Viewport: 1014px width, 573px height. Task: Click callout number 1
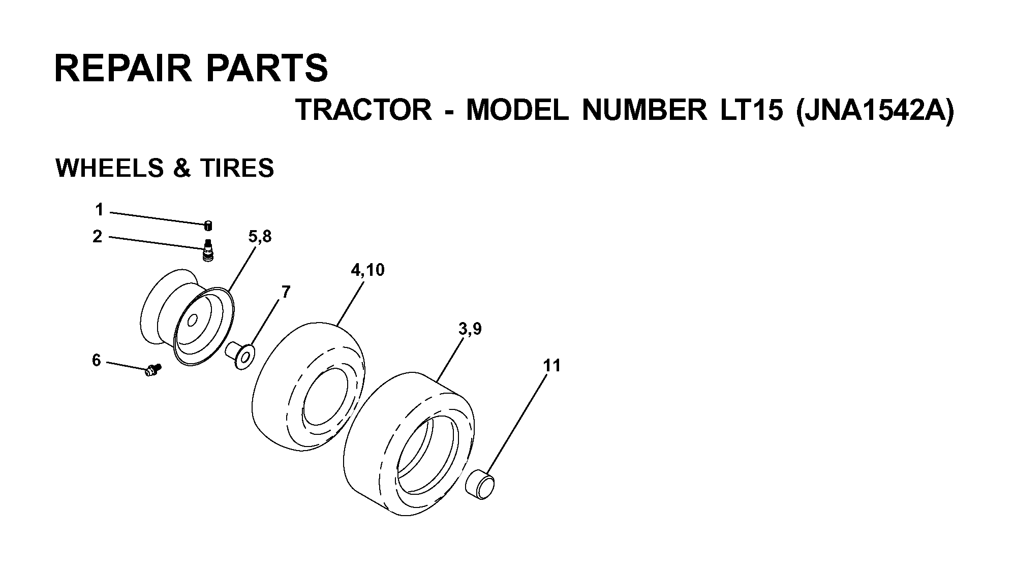(x=99, y=209)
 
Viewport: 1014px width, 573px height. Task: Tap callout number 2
(x=98, y=236)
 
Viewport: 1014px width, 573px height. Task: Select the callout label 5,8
(x=260, y=237)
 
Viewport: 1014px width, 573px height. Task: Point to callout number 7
(x=286, y=292)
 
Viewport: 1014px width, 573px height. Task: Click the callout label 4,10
(x=367, y=270)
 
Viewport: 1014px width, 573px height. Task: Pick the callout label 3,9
(x=470, y=329)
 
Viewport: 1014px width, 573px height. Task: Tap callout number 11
(x=551, y=365)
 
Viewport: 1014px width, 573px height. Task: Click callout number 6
(x=97, y=360)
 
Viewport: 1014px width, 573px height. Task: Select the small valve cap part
(x=208, y=226)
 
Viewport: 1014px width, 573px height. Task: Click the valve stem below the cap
(x=207, y=251)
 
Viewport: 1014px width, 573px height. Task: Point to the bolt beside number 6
(x=152, y=370)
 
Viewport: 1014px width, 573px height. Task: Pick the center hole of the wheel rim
(x=193, y=321)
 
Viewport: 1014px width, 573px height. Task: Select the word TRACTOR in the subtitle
(x=363, y=110)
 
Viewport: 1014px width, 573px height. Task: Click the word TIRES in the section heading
(x=237, y=168)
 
